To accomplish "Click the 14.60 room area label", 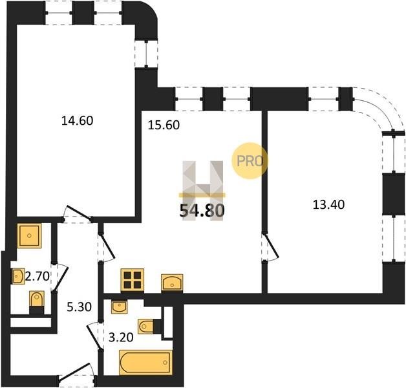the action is tap(77, 121).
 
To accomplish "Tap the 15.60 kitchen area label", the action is tap(164, 125).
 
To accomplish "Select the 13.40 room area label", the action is tap(328, 204).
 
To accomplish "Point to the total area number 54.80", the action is tap(202, 210).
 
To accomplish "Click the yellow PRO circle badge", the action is tap(250, 161).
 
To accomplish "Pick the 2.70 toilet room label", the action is tap(37, 276).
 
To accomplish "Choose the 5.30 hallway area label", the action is tap(80, 307).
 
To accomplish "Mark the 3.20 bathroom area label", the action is tap(121, 337).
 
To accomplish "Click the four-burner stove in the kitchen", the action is tap(133, 280).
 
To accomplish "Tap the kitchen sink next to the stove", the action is tap(172, 283).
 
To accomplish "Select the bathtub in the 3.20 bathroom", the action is tap(145, 362).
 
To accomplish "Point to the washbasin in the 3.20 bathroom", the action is tap(119, 307).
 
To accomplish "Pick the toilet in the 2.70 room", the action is tap(37, 303).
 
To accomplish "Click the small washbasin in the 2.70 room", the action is tap(18, 276).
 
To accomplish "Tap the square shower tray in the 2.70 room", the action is tap(29, 235).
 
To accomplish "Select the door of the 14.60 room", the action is tap(77, 214).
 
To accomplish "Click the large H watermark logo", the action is tap(203, 190).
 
